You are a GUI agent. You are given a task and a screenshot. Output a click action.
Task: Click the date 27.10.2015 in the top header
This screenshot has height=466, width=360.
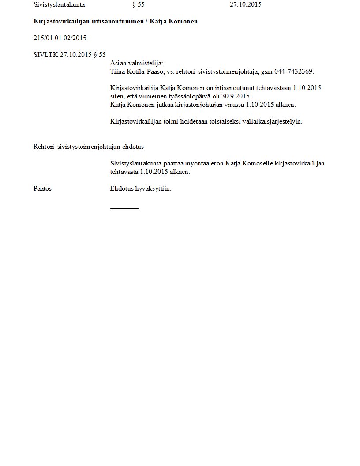pyautogui.click(x=246, y=5)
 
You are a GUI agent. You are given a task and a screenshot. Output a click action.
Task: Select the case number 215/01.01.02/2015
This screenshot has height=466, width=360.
pyautogui.click(x=60, y=38)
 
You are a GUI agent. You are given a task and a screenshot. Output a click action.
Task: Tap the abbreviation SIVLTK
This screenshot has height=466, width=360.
pyautogui.click(x=45, y=55)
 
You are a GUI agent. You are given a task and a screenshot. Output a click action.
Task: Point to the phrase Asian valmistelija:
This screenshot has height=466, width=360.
pyautogui.click(x=137, y=63)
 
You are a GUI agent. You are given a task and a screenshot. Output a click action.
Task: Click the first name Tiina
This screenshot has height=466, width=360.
pyautogui.click(x=117, y=71)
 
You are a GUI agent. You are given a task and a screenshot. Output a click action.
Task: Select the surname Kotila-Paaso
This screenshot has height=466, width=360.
pyautogui.click(x=145, y=71)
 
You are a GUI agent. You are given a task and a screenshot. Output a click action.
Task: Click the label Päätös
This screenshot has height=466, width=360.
pyautogui.click(x=42, y=188)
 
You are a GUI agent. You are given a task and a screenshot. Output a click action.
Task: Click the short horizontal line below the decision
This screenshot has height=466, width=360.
pyautogui.click(x=124, y=208)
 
